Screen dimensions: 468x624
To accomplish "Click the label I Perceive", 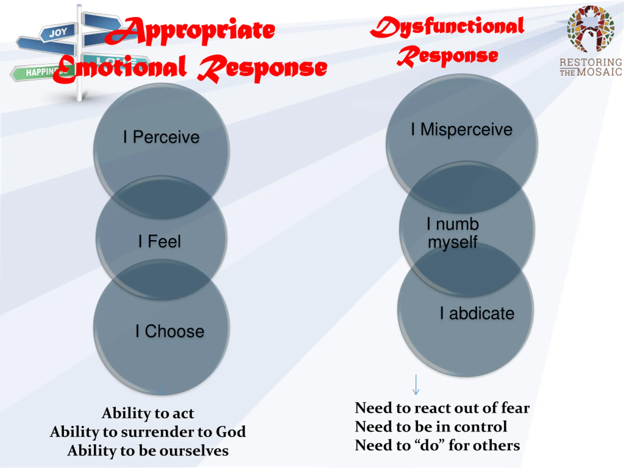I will point(161,137).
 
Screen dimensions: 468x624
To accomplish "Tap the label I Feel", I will point(160,242).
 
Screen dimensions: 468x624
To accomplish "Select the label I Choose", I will point(170,331).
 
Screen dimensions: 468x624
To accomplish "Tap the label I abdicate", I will point(477,313).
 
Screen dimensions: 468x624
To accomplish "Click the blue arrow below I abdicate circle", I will point(416,384).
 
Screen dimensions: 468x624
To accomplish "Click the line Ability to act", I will point(148,413).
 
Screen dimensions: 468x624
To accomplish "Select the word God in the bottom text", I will point(231,432).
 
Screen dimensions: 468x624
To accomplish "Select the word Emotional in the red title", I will point(120,68).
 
